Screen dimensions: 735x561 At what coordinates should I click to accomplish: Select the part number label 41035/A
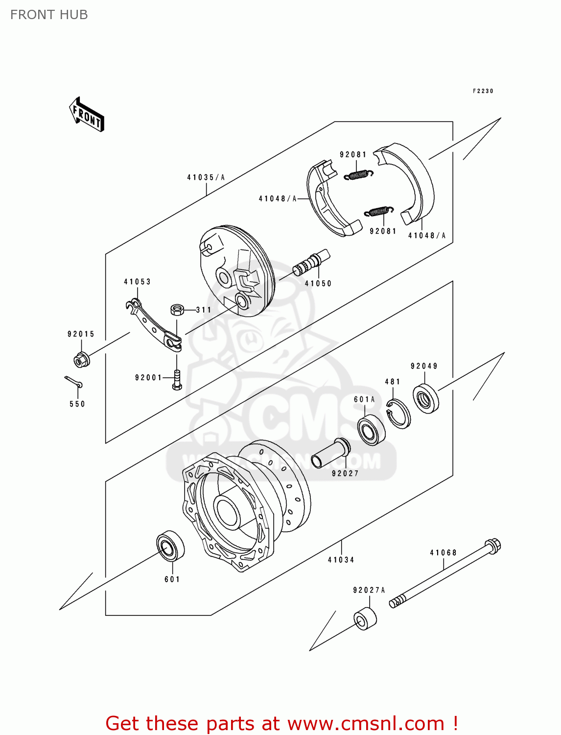pyautogui.click(x=206, y=177)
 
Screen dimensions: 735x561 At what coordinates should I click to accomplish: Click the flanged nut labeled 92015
pyautogui.click(x=81, y=360)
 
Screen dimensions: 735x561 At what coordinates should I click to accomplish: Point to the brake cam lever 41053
pyautogui.click(x=153, y=324)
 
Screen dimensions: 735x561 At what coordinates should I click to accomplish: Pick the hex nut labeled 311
pyautogui.click(x=177, y=309)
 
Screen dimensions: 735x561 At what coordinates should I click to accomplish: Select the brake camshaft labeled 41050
pyautogui.click(x=311, y=263)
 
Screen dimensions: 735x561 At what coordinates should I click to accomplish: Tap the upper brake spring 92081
pyautogui.click(x=358, y=174)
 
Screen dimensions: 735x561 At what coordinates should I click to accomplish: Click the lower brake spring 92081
pyautogui.click(x=379, y=211)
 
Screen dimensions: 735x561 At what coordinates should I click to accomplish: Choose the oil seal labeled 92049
pyautogui.click(x=425, y=399)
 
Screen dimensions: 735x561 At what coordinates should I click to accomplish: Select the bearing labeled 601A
pyautogui.click(x=371, y=430)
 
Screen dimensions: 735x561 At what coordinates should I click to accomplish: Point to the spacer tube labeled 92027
pyautogui.click(x=330, y=453)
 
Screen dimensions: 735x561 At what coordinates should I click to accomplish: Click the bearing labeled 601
pyautogui.click(x=170, y=545)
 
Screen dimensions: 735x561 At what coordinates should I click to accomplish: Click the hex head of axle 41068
pyautogui.click(x=492, y=546)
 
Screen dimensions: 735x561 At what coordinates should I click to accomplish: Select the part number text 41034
pyautogui.click(x=341, y=560)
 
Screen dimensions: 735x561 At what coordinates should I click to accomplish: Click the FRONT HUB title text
pyautogui.click(x=49, y=15)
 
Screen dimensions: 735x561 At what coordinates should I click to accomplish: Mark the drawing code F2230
pyautogui.click(x=483, y=91)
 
